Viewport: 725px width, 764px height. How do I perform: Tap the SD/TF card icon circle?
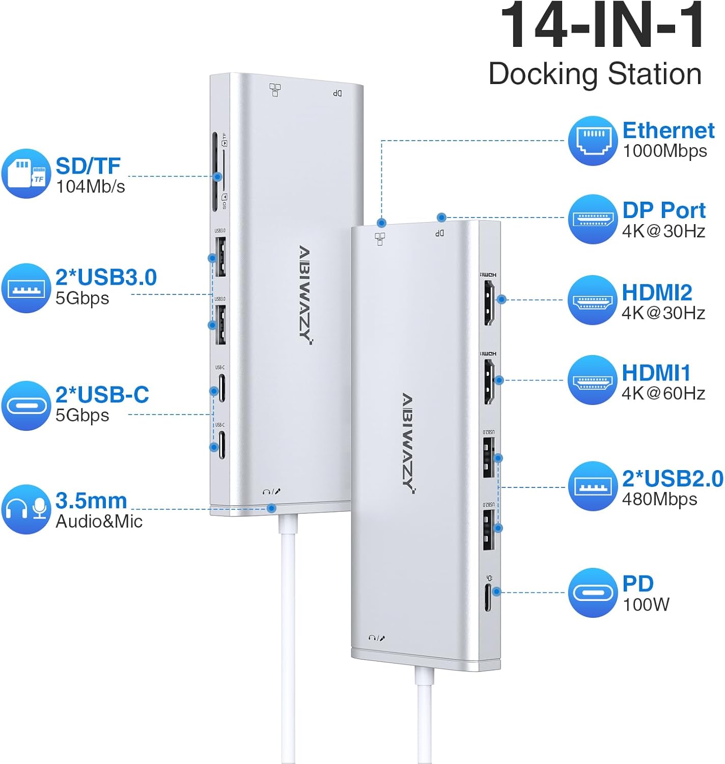click(x=26, y=174)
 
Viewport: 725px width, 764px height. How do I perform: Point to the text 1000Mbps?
click(x=664, y=151)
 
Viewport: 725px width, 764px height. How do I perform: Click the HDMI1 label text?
click(x=656, y=373)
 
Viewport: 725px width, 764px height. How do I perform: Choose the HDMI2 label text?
click(x=657, y=293)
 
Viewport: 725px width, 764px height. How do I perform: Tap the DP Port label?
click(x=663, y=210)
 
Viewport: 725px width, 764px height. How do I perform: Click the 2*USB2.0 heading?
click(x=672, y=479)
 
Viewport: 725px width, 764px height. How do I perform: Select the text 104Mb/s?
click(x=90, y=187)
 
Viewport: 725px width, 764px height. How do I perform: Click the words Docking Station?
click(x=595, y=74)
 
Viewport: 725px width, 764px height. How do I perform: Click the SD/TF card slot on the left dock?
click(x=215, y=172)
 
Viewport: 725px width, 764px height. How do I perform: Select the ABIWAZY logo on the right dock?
click(x=409, y=443)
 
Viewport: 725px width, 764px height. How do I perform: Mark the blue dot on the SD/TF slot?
click(x=217, y=177)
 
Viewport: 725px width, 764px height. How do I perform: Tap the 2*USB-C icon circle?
click(x=26, y=405)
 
